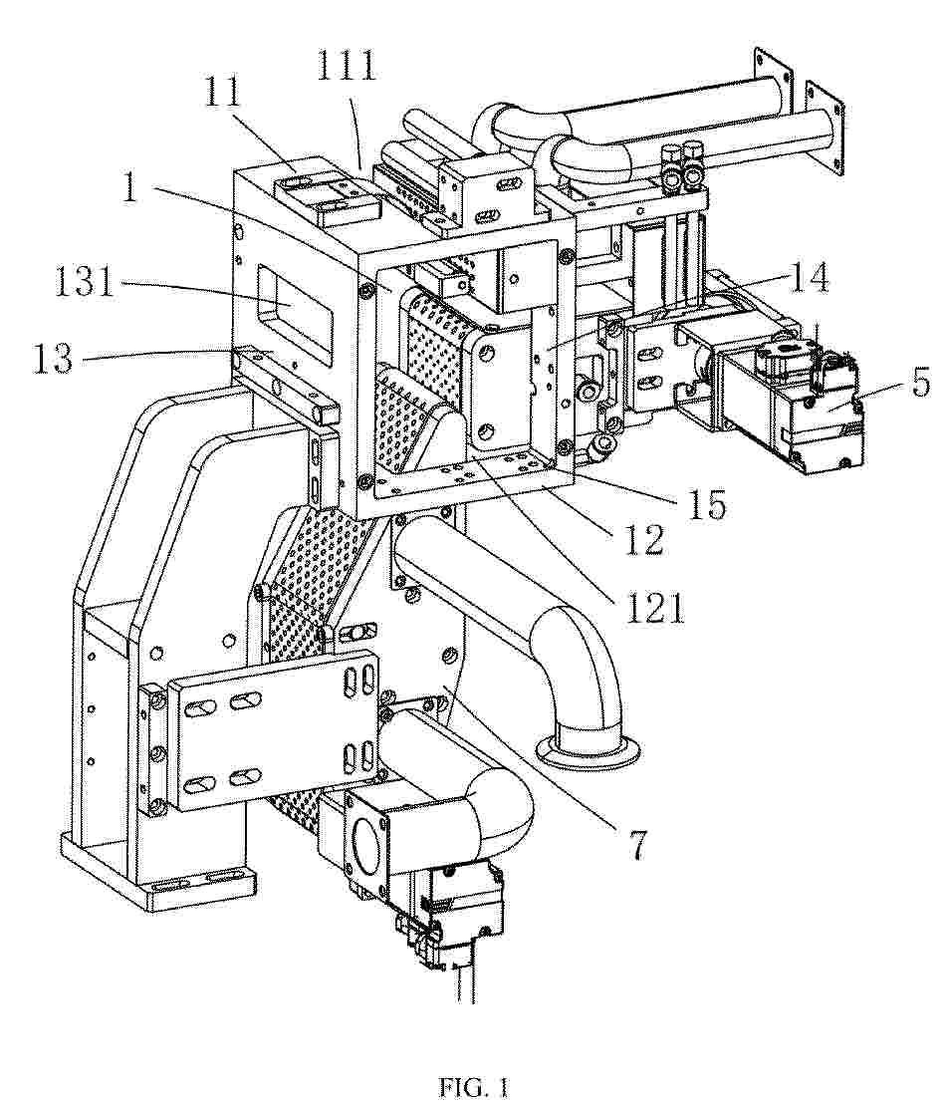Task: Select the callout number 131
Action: click(85, 282)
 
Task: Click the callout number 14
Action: click(809, 277)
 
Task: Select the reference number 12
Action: click(644, 540)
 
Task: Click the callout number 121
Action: click(654, 607)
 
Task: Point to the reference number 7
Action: click(636, 844)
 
